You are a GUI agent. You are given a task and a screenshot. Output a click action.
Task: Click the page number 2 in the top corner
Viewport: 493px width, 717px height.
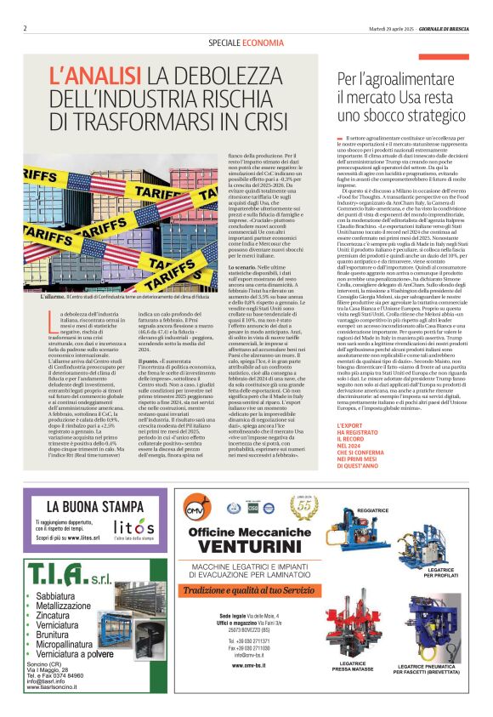pyautogui.click(x=25, y=28)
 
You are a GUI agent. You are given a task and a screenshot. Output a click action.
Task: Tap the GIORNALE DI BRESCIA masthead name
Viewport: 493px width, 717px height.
pyautogui.click(x=440, y=28)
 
